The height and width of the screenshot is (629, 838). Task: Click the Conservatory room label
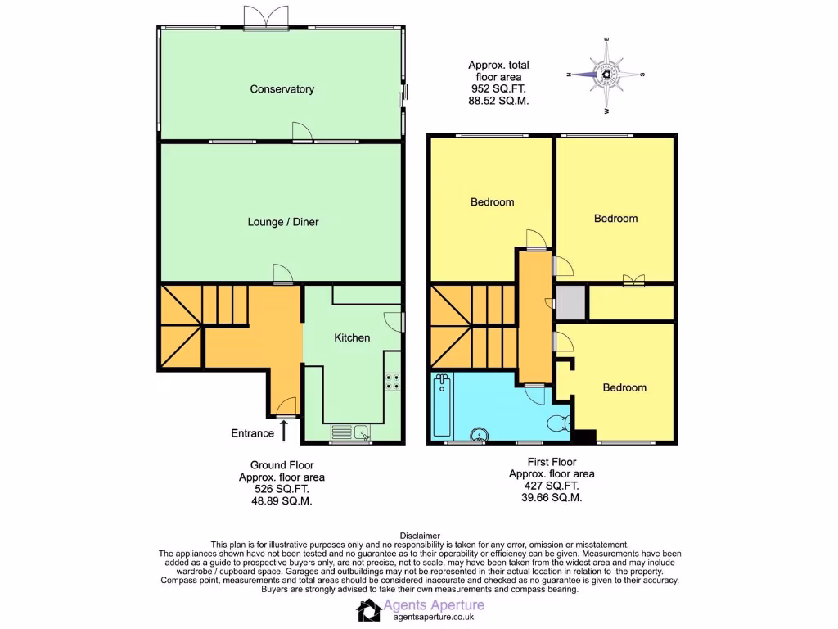pos(282,89)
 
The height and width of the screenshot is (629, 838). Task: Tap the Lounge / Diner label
pos(283,222)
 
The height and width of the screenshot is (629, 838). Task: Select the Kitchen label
pos(352,337)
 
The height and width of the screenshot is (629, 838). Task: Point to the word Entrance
pos(252,433)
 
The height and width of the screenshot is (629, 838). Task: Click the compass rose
pos(606,75)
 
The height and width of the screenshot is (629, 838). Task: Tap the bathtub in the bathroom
pos(442,405)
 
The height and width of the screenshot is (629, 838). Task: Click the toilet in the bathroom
pos(556,424)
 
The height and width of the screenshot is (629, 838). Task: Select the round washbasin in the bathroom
pos(480,435)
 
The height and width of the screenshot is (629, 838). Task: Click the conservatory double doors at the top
pos(267,18)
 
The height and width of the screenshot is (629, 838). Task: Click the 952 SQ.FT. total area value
pos(498,88)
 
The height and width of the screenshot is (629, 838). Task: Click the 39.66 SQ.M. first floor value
pos(552,497)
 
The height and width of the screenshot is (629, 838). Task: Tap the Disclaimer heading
pos(419,536)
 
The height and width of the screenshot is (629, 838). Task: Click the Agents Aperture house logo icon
pos(368,609)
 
